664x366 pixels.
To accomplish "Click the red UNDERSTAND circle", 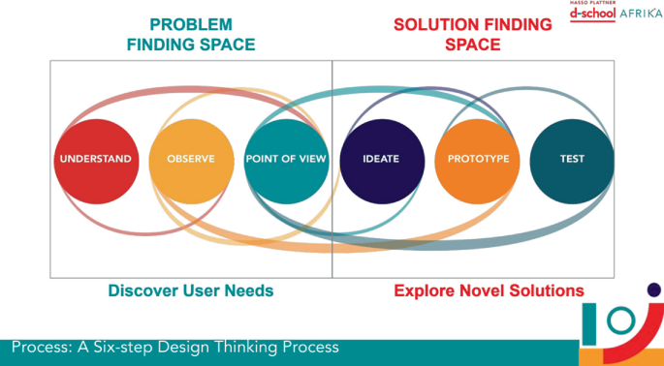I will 95,159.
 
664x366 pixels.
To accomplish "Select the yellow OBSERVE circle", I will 191,159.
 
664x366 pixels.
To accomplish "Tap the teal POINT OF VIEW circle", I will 286,159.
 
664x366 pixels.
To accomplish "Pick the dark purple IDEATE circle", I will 381,159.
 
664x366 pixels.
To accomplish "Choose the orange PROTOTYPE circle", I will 476,159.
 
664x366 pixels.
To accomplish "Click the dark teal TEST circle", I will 572,159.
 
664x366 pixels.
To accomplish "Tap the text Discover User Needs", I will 191,290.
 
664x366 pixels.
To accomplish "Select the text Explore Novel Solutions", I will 489,290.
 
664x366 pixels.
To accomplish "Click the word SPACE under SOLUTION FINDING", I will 475,45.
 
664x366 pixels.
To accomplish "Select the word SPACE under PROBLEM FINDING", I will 225,45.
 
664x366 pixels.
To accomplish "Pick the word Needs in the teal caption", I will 248,290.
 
